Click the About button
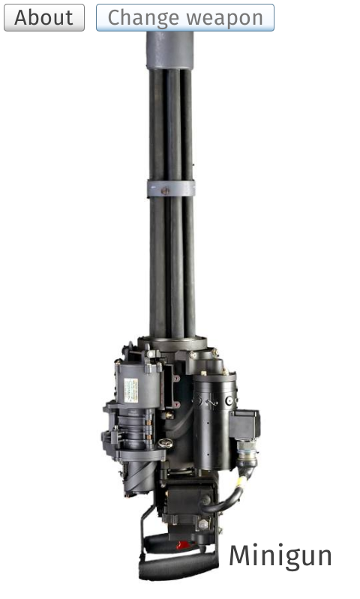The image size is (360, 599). coord(44,17)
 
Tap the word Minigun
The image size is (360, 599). coord(280,556)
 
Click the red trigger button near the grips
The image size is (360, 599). coord(184,545)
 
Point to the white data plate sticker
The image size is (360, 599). coord(130,390)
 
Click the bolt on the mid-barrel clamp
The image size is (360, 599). coord(165,190)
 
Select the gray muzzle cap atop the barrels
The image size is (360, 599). coord(169,50)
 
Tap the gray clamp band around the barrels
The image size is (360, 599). coord(171,189)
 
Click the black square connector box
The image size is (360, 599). coord(244,425)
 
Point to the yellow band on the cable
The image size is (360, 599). coord(241,481)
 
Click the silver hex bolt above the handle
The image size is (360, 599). coord(203,524)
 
